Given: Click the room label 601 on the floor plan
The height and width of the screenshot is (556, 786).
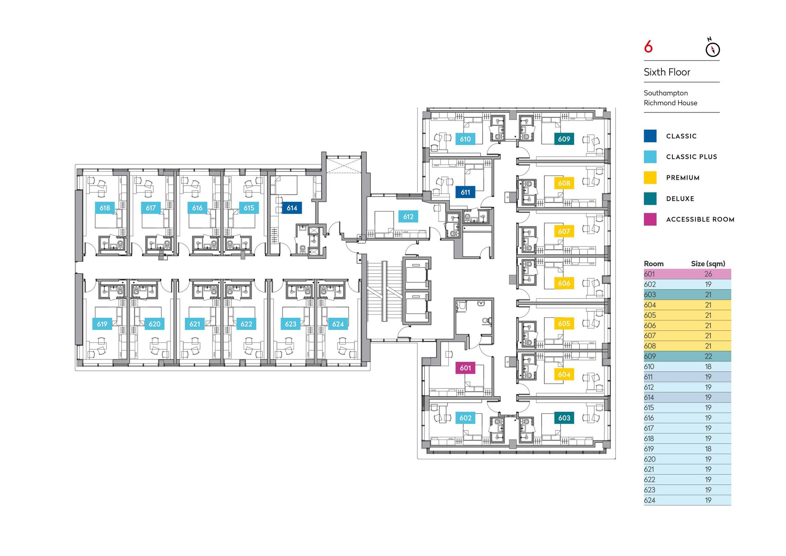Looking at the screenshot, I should coord(465,368).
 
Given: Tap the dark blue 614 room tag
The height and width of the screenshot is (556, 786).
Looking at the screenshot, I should coord(292,208).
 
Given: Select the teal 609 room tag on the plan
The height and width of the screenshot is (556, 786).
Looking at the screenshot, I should coord(564,139).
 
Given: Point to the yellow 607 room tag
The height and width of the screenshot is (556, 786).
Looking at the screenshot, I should coord(564,231).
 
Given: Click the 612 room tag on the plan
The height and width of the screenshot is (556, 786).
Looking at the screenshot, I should coord(408,217).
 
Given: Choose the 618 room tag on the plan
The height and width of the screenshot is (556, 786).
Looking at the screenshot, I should coord(105,208).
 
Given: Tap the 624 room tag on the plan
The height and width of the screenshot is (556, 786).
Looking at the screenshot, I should coord(338,324).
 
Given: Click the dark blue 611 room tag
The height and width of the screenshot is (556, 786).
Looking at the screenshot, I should coord(465,192).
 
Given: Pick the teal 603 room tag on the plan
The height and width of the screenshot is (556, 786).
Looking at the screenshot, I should coord(564,418).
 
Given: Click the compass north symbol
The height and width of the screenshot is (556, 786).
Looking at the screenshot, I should coord(713,49).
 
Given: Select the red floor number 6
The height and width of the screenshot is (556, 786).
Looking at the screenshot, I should coord(648,47).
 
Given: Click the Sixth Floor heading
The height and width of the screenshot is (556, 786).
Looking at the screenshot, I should coord(667,72).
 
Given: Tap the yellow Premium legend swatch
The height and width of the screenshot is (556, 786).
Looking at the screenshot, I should coord(650,178).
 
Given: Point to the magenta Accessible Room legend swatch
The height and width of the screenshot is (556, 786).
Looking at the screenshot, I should coord(650,219).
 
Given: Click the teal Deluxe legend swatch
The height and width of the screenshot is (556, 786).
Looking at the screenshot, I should coord(650,199).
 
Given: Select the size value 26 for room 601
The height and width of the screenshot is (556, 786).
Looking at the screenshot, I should coord(708,274).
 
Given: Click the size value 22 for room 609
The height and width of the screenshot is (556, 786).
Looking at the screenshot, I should coord(708,356).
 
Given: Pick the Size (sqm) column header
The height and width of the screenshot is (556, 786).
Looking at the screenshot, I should coord(708,264).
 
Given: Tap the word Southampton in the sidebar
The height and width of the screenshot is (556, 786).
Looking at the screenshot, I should coord(666,93).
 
